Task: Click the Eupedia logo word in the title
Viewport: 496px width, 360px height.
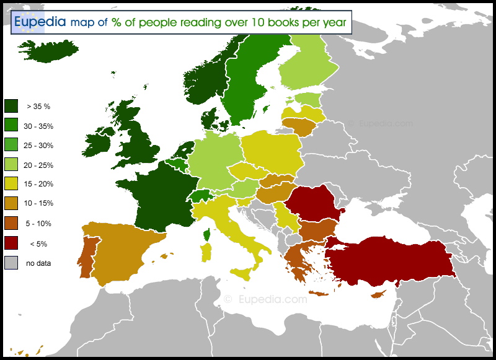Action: (x=40, y=22)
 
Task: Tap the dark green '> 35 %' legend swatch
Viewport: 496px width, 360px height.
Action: (x=11, y=106)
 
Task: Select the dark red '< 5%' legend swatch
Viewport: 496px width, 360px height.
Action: (x=11, y=244)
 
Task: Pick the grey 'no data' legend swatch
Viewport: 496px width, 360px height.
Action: (x=11, y=263)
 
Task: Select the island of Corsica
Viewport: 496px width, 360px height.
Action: (x=206, y=235)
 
